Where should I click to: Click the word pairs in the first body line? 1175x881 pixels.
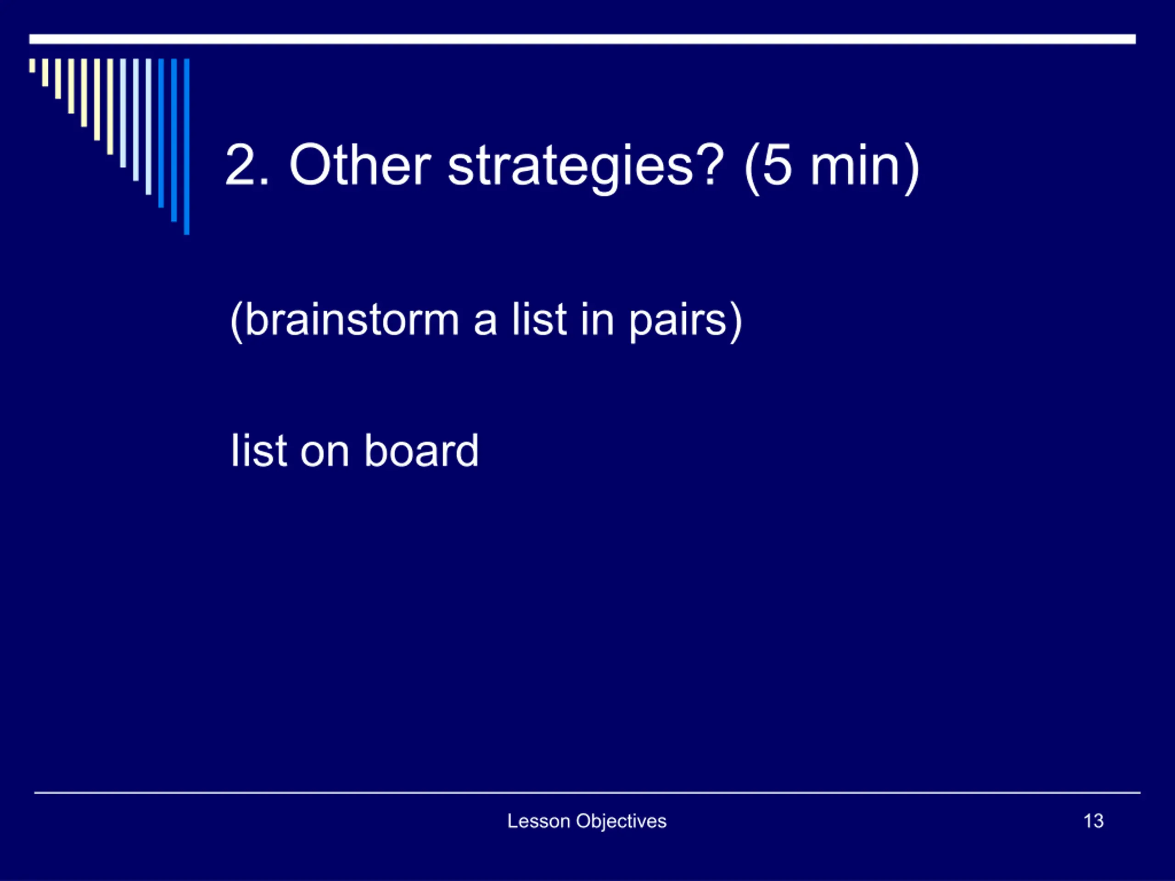(677, 322)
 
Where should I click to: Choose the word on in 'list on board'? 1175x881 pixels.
(325, 454)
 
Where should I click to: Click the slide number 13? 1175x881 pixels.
(1093, 821)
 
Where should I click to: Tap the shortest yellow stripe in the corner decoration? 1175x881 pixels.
(33, 65)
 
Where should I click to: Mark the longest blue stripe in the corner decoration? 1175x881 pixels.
(186, 146)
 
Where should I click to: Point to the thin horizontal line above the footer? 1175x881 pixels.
(587, 793)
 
